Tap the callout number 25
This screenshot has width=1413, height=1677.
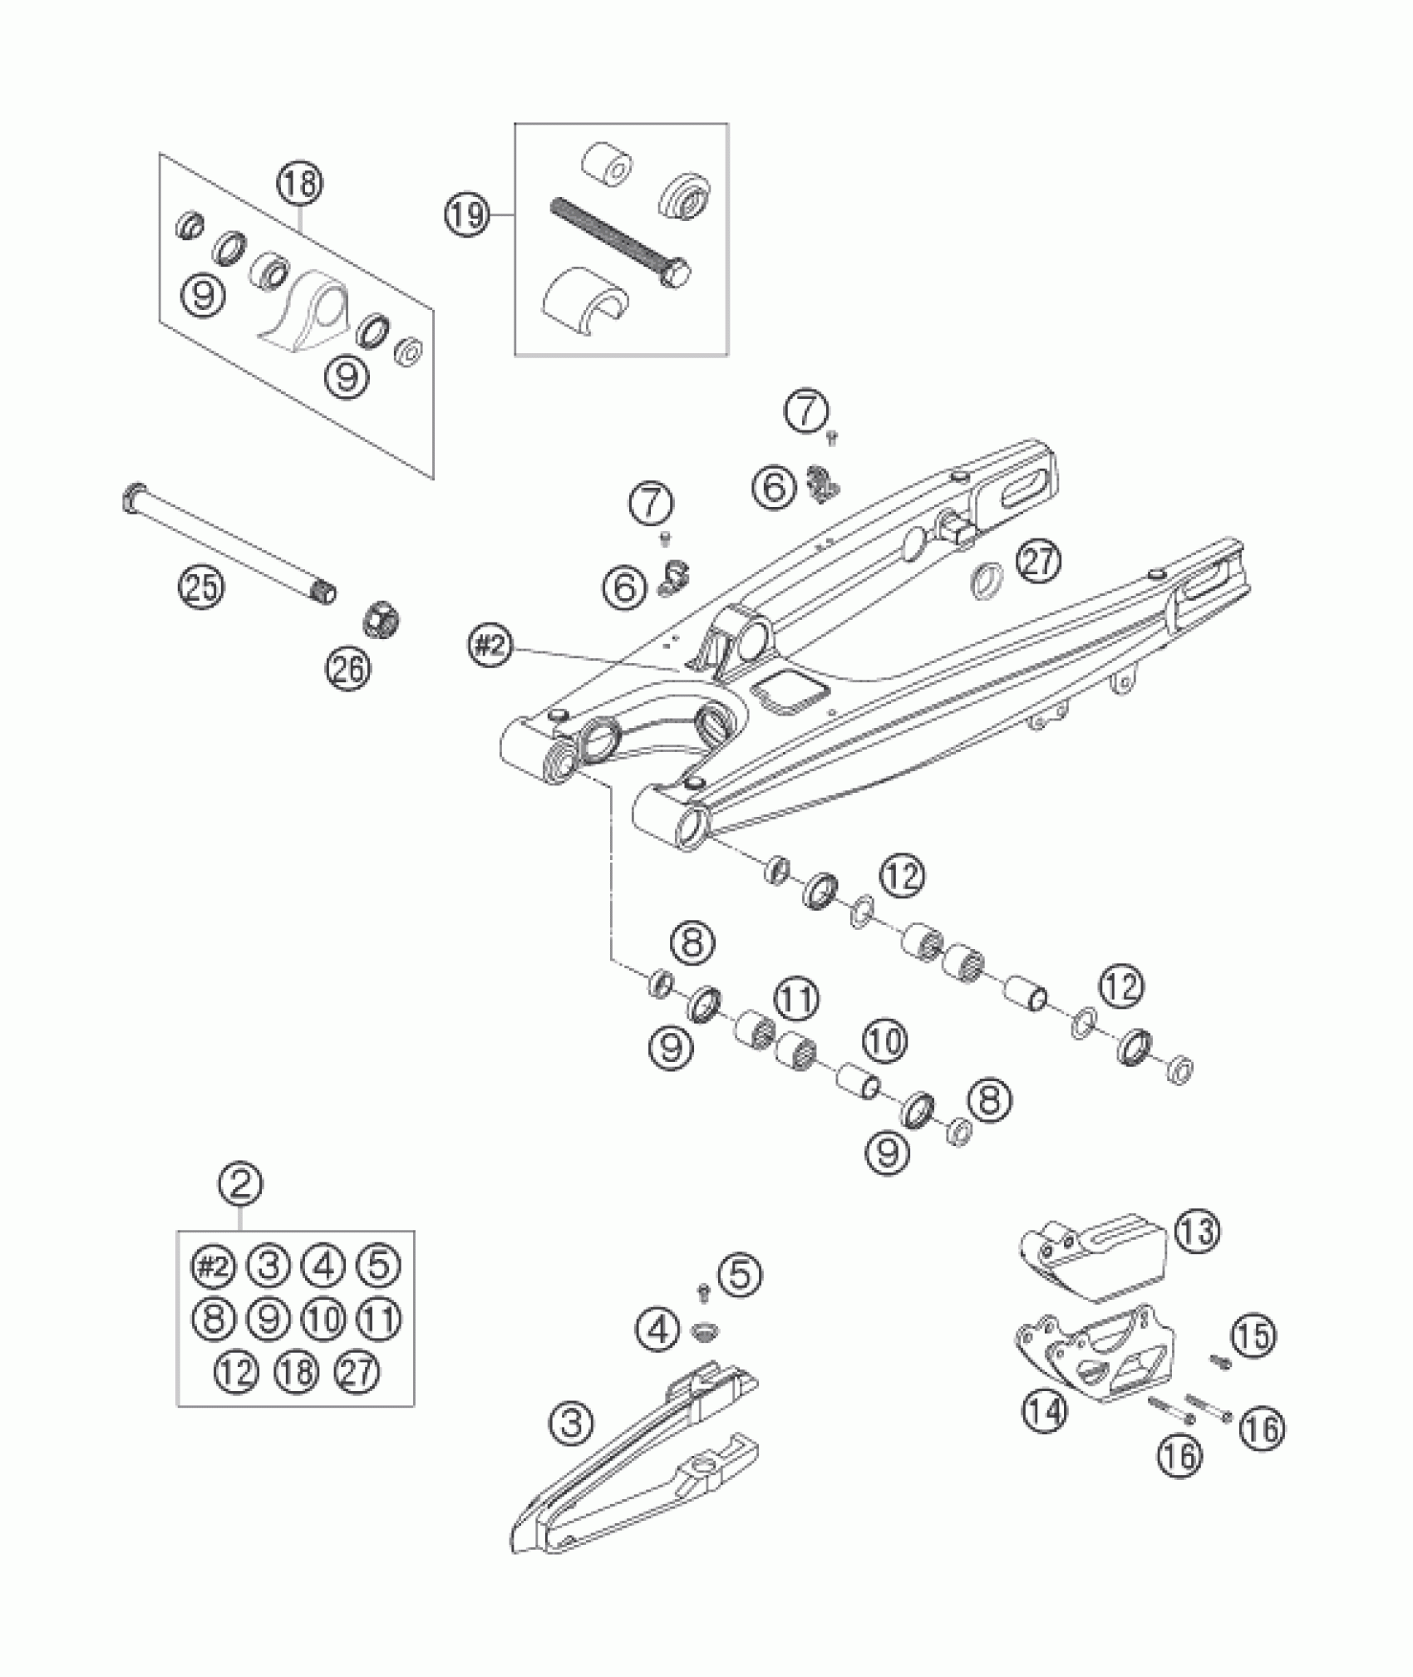(x=202, y=588)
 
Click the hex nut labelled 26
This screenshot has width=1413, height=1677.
(x=383, y=618)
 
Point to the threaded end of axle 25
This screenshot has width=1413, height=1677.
(x=323, y=593)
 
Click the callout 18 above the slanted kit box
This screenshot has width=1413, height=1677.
(x=300, y=184)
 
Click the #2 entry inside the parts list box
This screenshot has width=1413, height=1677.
(x=213, y=1266)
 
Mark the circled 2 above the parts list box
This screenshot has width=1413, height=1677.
(x=240, y=1184)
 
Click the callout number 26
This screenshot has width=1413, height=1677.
(x=348, y=669)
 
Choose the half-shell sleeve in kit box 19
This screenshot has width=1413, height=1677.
(x=586, y=303)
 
